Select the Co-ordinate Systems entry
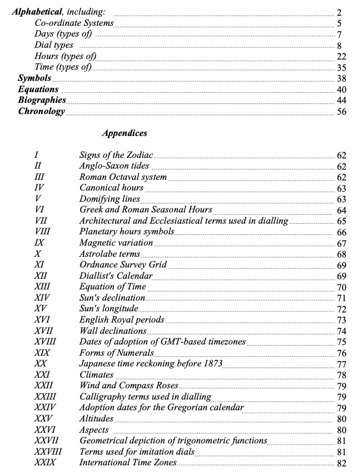click(74, 23)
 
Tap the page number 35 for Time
click(341, 67)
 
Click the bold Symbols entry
click(35, 78)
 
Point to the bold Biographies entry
click(42, 100)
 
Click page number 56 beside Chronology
click(341, 111)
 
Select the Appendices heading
click(125, 134)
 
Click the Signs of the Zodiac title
click(116, 155)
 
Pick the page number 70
click(341, 288)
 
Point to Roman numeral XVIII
click(45, 342)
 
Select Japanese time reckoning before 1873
click(151, 364)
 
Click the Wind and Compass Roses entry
click(129, 386)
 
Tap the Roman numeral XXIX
click(44, 463)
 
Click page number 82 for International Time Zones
click(341, 464)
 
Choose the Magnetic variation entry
click(116, 243)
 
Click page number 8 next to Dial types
click(340, 46)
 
